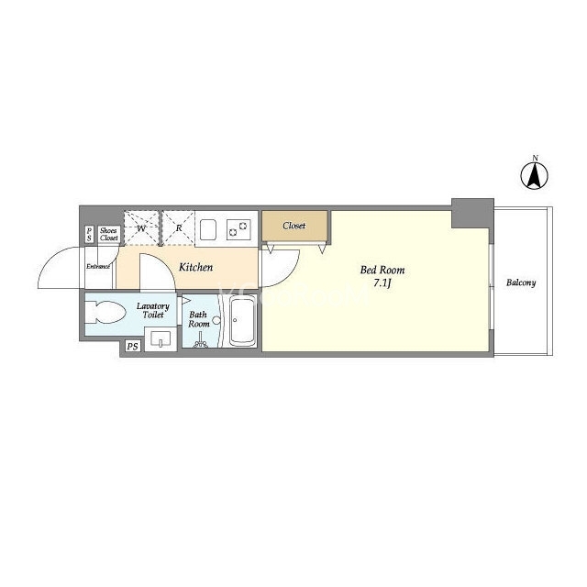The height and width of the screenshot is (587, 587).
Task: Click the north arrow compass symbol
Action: [535, 175]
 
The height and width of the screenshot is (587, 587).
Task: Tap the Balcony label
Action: [521, 282]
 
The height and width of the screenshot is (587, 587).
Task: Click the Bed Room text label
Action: [382, 270]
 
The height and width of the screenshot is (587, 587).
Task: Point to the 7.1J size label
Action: [382, 283]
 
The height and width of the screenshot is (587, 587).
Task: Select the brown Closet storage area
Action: [294, 226]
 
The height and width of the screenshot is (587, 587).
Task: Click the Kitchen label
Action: [195, 267]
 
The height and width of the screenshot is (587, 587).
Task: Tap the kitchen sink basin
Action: [208, 229]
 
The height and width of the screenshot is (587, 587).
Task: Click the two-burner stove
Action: [238, 229]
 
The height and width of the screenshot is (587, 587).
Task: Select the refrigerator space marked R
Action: [179, 228]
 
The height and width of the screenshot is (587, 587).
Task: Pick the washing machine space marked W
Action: [141, 228]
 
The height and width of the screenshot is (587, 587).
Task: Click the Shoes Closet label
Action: [109, 235]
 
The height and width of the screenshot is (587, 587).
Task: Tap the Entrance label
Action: [98, 267]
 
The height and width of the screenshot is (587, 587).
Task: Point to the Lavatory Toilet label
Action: [153, 311]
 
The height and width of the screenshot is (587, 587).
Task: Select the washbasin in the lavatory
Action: [161, 338]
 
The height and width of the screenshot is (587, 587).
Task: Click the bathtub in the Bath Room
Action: [242, 321]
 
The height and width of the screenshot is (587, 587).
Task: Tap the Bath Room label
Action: [198, 319]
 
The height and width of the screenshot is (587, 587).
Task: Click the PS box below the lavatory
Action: [132, 347]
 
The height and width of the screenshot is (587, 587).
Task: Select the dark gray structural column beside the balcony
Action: [472, 213]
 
